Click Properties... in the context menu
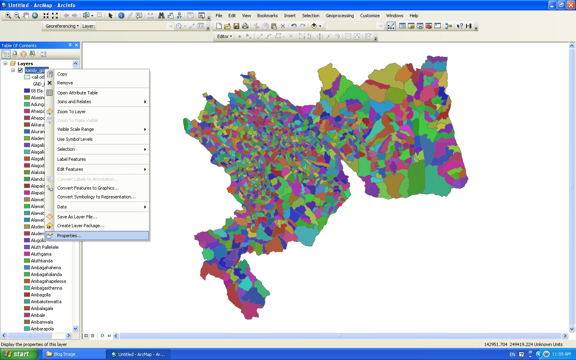(x=69, y=236)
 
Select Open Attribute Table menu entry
(x=77, y=93)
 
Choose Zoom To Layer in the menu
(x=71, y=112)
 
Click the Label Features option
(x=71, y=159)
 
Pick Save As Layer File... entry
(x=77, y=217)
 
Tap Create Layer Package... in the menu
(x=80, y=226)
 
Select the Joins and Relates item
(x=74, y=102)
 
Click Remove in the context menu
(x=65, y=83)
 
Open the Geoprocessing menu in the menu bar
(x=339, y=16)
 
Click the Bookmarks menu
(x=267, y=16)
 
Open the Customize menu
(x=370, y=16)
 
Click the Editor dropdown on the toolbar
(x=224, y=36)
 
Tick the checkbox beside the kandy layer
(x=20, y=70)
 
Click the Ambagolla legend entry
(x=41, y=295)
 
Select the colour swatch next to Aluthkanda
(x=27, y=261)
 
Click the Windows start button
(x=19, y=354)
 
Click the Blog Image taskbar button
(x=74, y=354)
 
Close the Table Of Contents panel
(x=76, y=45)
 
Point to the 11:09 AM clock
(x=561, y=354)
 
